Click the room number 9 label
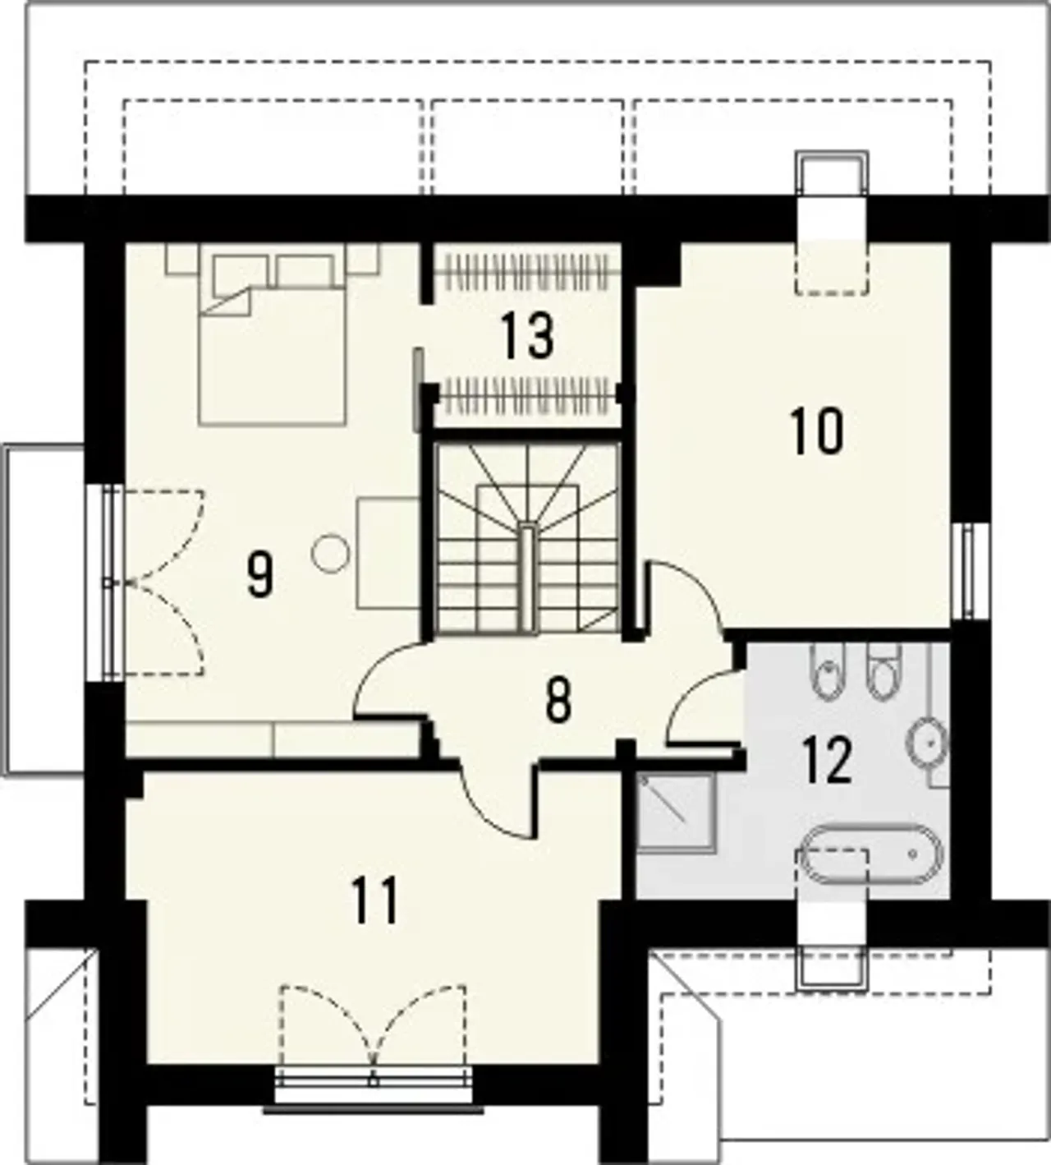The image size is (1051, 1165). coord(259,574)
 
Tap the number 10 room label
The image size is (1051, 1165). coord(817,431)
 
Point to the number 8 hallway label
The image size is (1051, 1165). coord(558,702)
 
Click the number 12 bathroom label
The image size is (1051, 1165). coord(828,760)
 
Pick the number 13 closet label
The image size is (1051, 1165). coord(528,336)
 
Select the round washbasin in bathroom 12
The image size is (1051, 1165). coord(927,743)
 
